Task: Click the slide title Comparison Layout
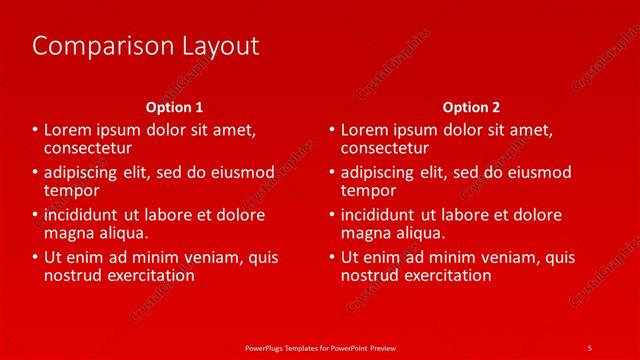click(146, 46)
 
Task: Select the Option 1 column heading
click(175, 107)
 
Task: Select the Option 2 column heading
click(471, 107)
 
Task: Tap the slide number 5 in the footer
click(589, 346)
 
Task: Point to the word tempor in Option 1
click(71, 190)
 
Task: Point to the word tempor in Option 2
click(368, 190)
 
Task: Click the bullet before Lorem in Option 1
click(36, 130)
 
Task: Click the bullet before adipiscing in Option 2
click(333, 172)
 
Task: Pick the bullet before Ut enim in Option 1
click(36, 257)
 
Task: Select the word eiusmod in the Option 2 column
click(540, 172)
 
